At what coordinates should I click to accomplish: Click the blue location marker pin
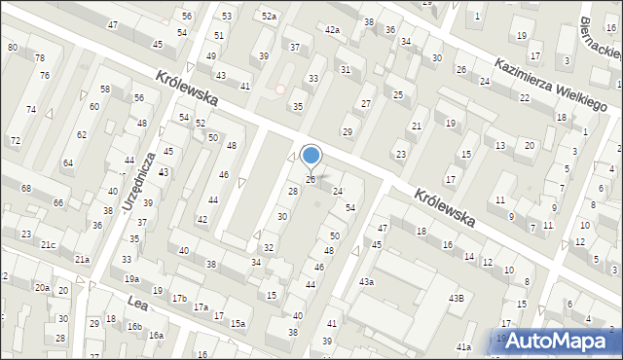pos(311,156)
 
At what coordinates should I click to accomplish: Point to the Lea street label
pos(136,306)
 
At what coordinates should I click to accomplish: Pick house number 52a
pos(269,17)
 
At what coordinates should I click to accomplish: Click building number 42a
pos(333,30)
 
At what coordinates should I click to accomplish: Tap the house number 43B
pos(456,298)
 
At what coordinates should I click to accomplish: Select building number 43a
pos(366,281)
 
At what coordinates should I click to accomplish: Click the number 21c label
pos(48,244)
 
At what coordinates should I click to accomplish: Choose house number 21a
pos(83,259)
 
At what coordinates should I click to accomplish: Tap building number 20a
pos(42,288)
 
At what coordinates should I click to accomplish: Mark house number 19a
pos(131,279)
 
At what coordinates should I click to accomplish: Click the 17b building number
pos(179,297)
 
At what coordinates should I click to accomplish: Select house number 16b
pos(134,327)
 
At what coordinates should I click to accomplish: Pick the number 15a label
pos(238,323)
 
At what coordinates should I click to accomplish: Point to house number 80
pos(12,47)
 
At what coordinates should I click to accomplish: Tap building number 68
pos(26,188)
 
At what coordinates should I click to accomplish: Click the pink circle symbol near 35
pos(280,90)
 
